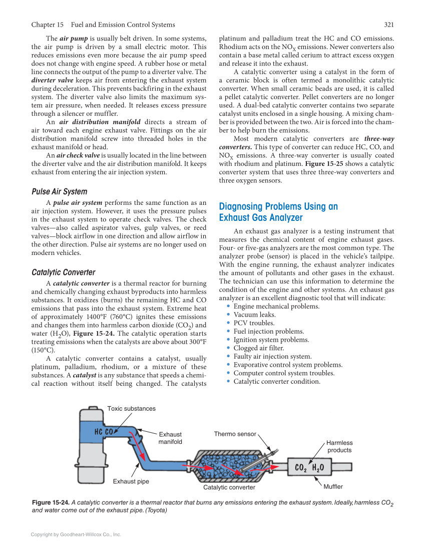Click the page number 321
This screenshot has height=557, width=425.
tap(389, 25)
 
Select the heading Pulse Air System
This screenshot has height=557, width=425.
tap(59, 191)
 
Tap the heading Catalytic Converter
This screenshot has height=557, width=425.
tap(63, 272)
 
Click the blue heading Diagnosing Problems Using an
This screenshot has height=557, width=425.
tap(278, 206)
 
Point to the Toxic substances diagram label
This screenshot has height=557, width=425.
tap(131, 409)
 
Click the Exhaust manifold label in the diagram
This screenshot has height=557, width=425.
tap(170, 438)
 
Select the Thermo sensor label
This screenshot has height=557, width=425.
tap(235, 434)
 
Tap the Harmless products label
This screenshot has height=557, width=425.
tap(339, 446)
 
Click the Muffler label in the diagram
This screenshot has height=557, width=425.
tap(333, 486)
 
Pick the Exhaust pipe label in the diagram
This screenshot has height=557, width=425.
tap(131, 481)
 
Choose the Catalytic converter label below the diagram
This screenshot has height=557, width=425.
tap(229, 487)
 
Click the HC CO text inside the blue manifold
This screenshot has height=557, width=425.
tap(104, 431)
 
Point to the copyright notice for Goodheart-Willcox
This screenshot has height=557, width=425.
tap(76, 535)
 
